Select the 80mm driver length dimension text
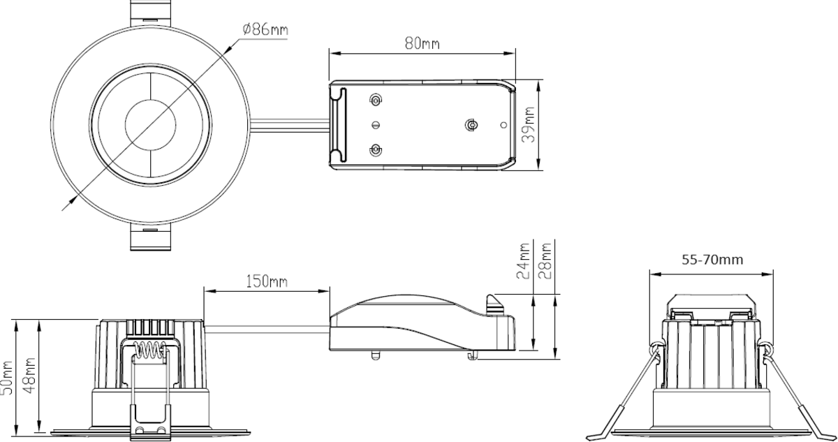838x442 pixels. click(x=422, y=43)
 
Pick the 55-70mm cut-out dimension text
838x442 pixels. click(x=712, y=260)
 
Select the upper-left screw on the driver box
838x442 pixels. click(x=376, y=101)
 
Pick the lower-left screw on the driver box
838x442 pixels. click(x=376, y=149)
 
